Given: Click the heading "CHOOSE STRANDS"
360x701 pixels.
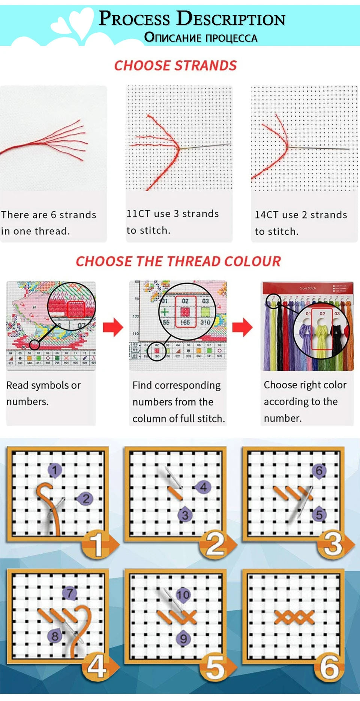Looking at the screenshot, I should point(175,66).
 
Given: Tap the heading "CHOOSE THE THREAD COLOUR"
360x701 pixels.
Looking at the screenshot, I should point(178,261).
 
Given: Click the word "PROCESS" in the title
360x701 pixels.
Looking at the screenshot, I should point(134,19).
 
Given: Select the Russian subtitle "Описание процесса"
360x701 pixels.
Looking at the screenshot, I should point(201,37).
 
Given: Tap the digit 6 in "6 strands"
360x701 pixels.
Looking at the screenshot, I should point(53,215).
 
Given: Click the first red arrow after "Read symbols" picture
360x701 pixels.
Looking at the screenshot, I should point(113,327).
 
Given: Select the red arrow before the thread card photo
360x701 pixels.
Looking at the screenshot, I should point(243,327).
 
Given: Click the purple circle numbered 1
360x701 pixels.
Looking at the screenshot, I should point(55,470).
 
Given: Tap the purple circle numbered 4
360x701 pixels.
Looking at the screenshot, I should point(203,487).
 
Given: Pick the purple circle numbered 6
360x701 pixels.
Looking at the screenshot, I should point(319,470).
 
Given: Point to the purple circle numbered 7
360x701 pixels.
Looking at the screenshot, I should point(69,593).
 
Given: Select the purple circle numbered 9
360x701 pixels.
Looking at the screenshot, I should point(183,638).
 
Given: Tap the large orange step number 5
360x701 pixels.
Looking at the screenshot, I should point(215,667).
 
